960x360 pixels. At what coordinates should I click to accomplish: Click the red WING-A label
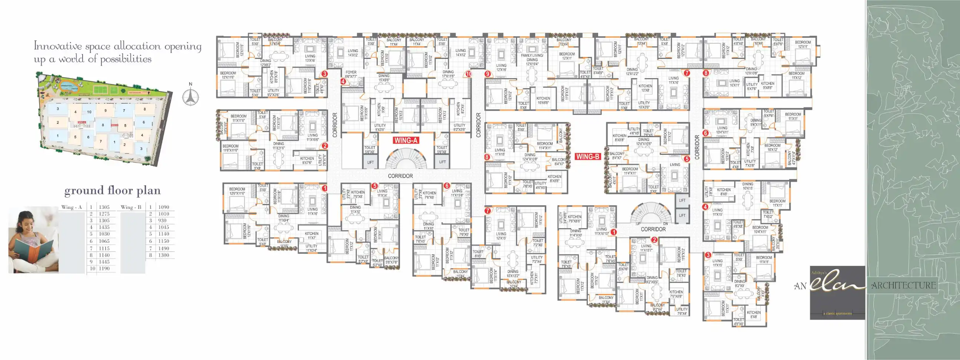406,140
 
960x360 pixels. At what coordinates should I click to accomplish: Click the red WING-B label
587,157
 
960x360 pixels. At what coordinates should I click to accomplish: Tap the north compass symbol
190,97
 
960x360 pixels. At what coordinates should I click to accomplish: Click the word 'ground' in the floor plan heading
82,191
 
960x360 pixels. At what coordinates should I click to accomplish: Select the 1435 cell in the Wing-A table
104,227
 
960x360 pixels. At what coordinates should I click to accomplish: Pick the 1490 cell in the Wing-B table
164,248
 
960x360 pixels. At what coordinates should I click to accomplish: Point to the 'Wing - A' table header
71,207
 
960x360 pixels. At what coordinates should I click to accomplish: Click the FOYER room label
351,72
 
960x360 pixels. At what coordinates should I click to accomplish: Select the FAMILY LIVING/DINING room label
532,57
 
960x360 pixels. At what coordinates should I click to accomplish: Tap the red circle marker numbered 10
469,74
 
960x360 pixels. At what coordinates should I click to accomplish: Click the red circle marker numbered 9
488,74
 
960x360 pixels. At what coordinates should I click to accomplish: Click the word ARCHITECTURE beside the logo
903,286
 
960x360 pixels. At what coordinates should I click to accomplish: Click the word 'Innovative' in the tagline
57,46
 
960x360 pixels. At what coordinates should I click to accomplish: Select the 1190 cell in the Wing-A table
104,269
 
